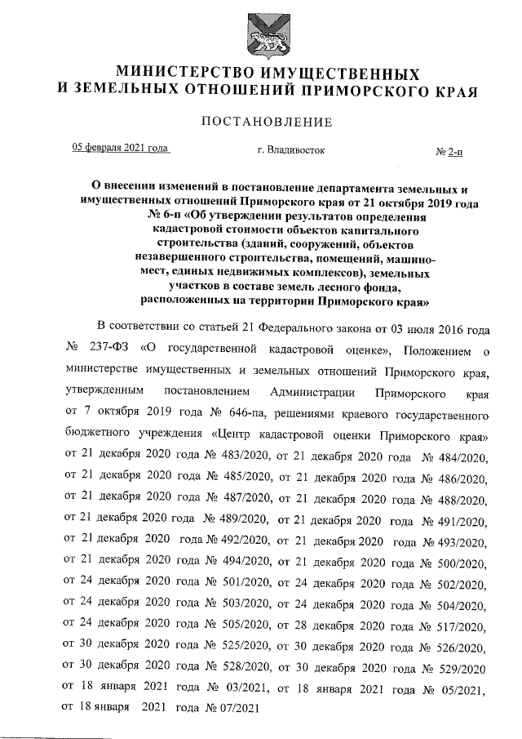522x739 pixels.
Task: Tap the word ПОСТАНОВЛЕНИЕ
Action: tap(261, 123)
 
